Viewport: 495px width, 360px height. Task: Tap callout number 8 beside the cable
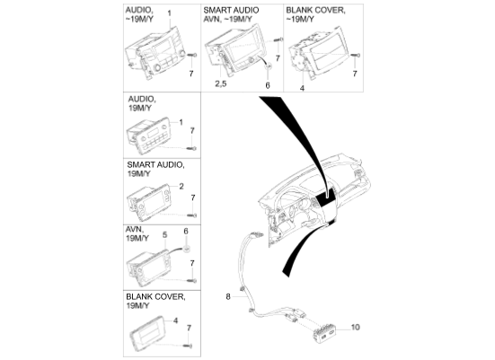point(228,294)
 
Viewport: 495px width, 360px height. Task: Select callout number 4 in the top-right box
point(302,89)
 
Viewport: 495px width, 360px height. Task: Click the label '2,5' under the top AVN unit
point(221,83)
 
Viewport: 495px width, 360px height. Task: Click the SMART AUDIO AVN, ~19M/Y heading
point(234,17)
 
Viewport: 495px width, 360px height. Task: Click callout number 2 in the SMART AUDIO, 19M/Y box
point(181,187)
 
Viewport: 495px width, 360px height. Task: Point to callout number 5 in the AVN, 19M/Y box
point(164,233)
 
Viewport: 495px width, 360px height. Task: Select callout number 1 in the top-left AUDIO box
point(170,8)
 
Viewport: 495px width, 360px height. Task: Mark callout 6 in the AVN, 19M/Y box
point(186,232)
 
